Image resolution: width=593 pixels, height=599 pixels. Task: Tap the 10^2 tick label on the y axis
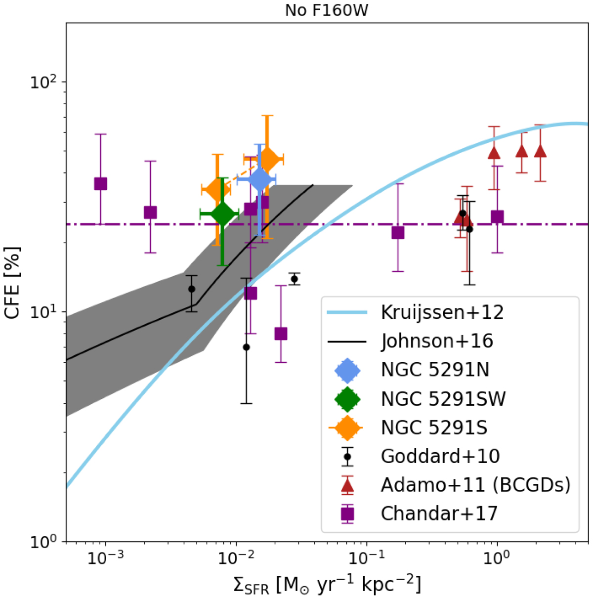44,82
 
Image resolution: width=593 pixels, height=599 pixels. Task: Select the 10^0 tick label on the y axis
44,542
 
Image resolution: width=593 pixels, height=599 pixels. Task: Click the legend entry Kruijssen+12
442,312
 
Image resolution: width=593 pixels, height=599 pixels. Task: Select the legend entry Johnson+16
437,341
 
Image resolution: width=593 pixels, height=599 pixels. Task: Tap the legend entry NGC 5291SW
443,399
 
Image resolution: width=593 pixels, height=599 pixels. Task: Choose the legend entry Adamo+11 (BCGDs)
475,485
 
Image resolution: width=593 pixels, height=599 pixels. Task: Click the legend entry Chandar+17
439,513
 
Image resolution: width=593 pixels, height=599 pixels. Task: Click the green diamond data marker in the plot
222,214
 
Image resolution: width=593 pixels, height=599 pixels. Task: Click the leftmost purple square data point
101,184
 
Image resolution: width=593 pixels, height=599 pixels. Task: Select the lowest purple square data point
281,334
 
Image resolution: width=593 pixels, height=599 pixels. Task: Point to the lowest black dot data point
246,347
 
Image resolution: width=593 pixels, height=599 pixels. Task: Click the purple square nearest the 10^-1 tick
398,232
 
